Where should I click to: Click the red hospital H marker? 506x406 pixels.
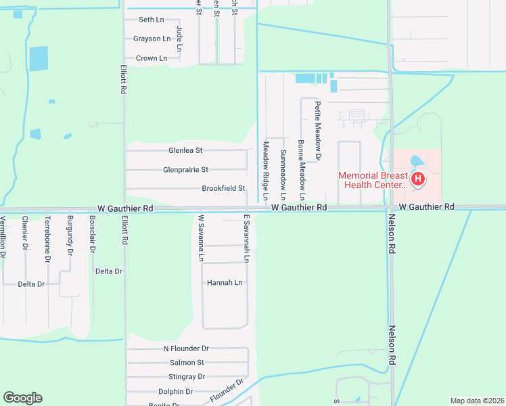(x=419, y=179)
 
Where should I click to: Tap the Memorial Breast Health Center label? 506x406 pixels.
(x=374, y=180)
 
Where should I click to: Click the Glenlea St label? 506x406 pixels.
(x=185, y=150)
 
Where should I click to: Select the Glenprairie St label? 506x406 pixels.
(x=185, y=170)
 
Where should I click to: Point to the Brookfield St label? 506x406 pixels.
(x=223, y=189)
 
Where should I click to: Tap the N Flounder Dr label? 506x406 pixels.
(x=186, y=348)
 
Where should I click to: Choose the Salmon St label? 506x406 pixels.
(x=187, y=363)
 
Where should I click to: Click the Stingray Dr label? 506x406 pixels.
(x=187, y=377)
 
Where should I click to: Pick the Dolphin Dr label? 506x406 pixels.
(x=175, y=392)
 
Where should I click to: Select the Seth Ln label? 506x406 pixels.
(x=151, y=20)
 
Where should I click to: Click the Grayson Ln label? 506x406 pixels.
(x=152, y=39)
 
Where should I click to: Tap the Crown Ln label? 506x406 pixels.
(x=152, y=58)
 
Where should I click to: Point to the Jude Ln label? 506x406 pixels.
(x=179, y=39)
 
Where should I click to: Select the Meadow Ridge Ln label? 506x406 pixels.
(x=266, y=171)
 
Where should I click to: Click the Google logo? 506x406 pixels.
(x=22, y=398)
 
